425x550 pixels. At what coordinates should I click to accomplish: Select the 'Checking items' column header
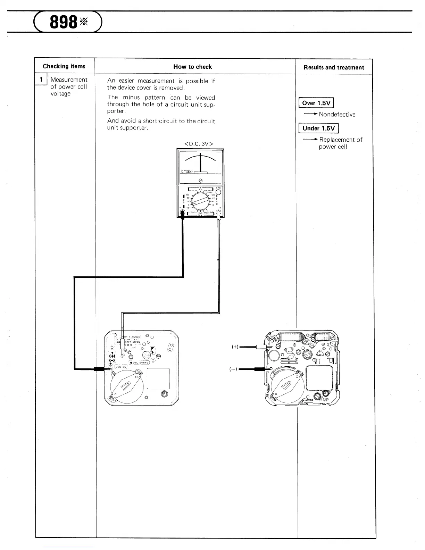coord(64,66)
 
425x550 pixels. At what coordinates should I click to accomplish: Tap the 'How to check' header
coord(192,67)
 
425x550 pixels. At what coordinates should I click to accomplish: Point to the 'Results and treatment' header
coord(334,68)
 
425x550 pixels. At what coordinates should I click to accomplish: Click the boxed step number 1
coord(41,80)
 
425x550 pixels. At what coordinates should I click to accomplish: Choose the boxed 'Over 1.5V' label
coord(316,103)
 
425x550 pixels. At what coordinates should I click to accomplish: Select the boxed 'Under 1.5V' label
coord(318,128)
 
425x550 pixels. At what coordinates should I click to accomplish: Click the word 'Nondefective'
coord(337,115)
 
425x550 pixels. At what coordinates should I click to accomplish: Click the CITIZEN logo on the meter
coord(188,172)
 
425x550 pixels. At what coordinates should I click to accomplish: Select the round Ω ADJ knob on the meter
coord(218,192)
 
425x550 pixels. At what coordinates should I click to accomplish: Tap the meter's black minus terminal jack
coord(182,215)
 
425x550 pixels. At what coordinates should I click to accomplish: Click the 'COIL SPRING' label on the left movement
coord(140,362)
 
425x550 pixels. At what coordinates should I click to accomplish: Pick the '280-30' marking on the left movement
coord(121,367)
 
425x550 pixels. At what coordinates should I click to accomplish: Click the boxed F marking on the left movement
coord(152,350)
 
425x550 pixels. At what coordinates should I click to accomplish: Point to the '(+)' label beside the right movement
coord(235,347)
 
